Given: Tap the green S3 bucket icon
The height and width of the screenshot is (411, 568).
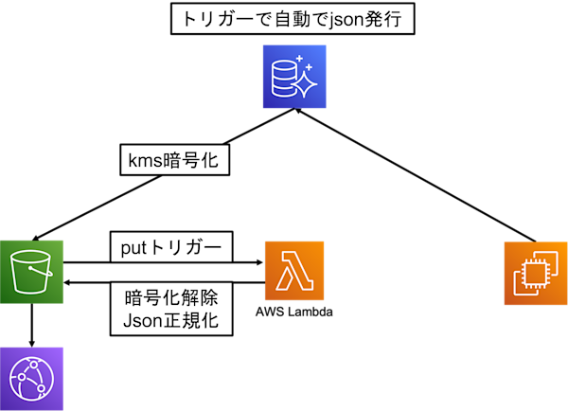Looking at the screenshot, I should pos(31,272).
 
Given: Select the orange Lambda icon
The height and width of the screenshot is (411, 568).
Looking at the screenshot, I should pos(294,271).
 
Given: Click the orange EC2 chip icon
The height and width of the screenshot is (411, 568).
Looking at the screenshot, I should pos(534,273).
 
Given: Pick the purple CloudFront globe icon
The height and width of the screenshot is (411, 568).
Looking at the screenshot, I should pos(31,378).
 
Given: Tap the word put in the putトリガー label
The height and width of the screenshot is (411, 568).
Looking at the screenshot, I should pos(133,248).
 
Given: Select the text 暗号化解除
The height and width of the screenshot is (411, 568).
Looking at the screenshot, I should pos(171,297).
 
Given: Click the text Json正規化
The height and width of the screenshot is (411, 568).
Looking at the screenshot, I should pos(171,320).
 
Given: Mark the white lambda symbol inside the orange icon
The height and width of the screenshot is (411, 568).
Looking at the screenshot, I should pos(294,272).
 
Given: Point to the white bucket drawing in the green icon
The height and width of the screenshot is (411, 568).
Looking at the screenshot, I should pos(31,273).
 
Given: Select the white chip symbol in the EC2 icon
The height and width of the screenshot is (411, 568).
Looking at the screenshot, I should pos(534,274).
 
